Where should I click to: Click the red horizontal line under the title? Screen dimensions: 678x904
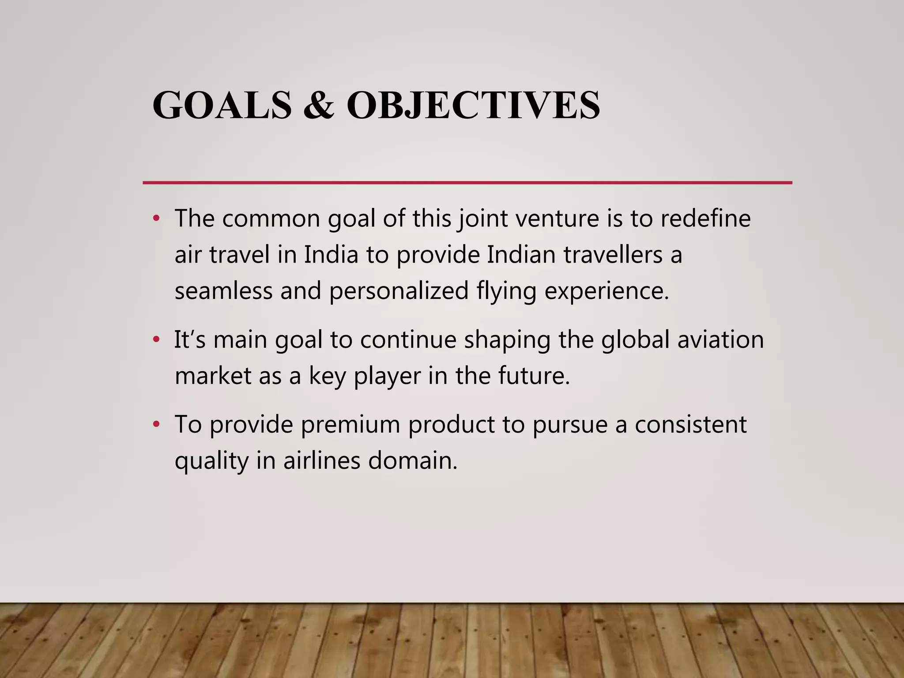(x=467, y=182)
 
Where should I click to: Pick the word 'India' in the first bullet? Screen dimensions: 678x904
(x=331, y=255)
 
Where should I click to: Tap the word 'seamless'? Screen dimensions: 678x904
(x=223, y=291)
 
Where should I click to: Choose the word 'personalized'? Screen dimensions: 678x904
(x=399, y=291)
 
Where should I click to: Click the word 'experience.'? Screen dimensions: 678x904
(x=606, y=291)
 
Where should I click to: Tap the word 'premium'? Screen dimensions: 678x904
(x=350, y=425)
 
